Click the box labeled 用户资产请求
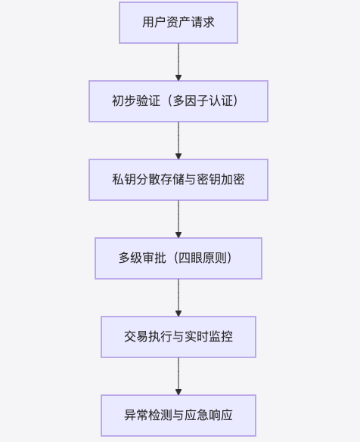[x=178, y=23]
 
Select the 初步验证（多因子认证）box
[x=178, y=101]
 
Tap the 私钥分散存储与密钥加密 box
[x=178, y=180]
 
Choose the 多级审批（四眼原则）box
[x=178, y=258]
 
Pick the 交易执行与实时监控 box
[x=178, y=337]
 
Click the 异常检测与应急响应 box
[x=178, y=416]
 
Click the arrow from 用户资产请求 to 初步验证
[x=178, y=62]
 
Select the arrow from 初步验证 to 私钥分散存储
[x=178, y=141]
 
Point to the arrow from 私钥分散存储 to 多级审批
[x=178, y=219]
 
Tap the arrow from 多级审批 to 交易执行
[x=178, y=298]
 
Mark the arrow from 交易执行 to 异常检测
[x=178, y=376]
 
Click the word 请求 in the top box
[x=203, y=22]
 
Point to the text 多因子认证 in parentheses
[x=203, y=101]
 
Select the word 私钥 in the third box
[x=124, y=179]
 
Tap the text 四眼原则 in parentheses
[x=202, y=258]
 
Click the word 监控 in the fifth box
[x=221, y=336]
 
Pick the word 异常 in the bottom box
[x=136, y=416]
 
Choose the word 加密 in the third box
[x=233, y=179]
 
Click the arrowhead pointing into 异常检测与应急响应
[x=178, y=392]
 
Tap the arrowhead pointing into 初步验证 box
[x=178, y=78]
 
